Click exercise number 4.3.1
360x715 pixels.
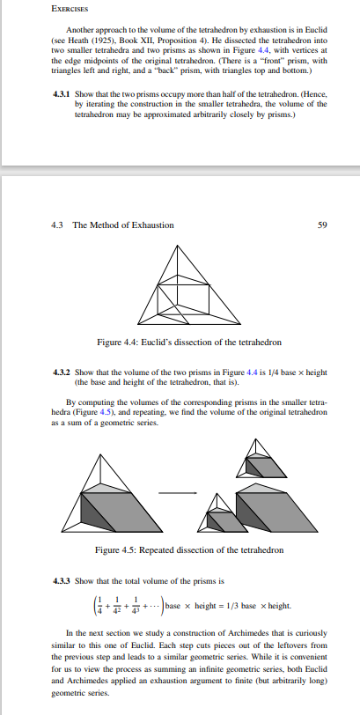pyautogui.click(x=60, y=92)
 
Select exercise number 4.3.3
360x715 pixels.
pyautogui.click(x=60, y=579)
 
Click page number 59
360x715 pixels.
pyautogui.click(x=321, y=225)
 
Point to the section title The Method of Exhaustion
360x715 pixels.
pyautogui.click(x=123, y=225)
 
